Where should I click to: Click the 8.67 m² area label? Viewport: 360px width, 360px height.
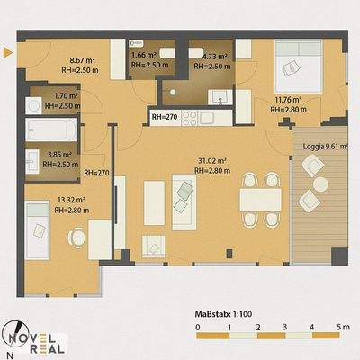58,56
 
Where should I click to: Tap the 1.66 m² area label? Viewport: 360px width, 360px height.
143,56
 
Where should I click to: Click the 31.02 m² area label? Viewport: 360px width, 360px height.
211,161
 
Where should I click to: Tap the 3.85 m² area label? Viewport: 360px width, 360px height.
59,155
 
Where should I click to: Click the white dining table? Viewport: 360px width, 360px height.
261,201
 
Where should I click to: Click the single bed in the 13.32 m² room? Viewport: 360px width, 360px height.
40,222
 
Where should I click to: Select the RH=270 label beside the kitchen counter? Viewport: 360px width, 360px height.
164,117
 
